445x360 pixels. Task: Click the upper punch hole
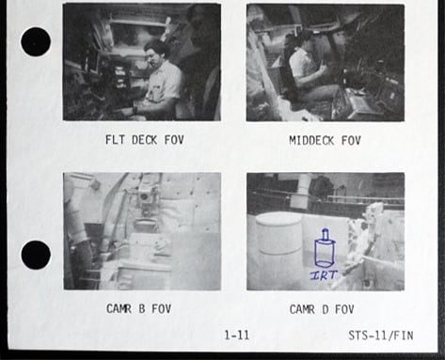pos(36,41)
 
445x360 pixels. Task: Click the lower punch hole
pos(36,255)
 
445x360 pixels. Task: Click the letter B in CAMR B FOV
pos(142,309)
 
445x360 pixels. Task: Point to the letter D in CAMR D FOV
pos(326,309)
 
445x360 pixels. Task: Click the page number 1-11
pos(237,336)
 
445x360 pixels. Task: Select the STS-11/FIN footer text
pos(381,336)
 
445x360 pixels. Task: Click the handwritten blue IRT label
pos(324,275)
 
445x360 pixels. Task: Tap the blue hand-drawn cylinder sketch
pos(325,248)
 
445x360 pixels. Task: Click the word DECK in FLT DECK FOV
pos(144,140)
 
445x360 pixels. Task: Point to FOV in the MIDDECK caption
pos(351,140)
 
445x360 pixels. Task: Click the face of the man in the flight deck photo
pos(152,57)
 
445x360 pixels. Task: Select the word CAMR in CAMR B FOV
pos(119,309)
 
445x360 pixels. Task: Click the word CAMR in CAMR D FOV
pos(302,309)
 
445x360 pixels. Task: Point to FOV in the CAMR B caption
pos(162,309)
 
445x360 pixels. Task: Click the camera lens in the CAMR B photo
pos(145,197)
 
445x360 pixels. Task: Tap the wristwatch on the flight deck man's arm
pos(135,110)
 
